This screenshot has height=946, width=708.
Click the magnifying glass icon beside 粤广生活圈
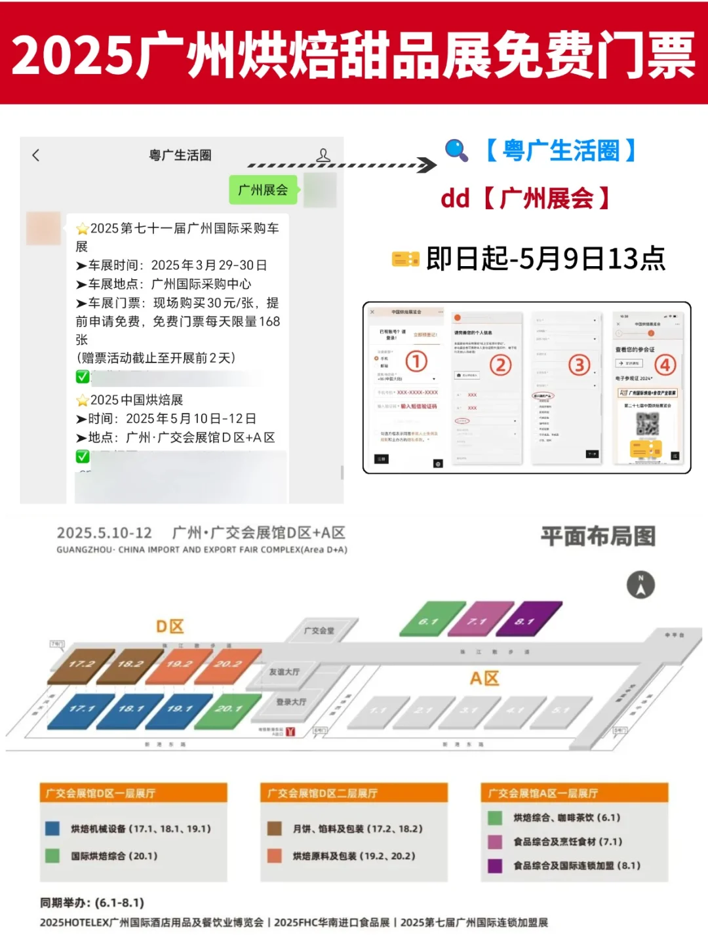(x=456, y=150)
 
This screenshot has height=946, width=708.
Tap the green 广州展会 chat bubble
(x=264, y=190)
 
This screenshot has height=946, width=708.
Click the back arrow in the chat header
(x=36, y=155)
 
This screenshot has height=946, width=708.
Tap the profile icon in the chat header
(x=323, y=155)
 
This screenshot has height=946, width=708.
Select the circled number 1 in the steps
(x=416, y=361)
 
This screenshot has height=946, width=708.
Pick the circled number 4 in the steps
(x=665, y=365)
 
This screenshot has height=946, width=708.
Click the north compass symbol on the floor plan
(x=640, y=585)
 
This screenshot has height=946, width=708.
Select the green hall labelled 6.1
(x=428, y=620)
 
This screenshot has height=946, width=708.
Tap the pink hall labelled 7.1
(x=478, y=620)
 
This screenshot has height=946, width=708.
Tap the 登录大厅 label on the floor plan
(x=291, y=702)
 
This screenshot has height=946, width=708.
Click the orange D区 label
(x=170, y=627)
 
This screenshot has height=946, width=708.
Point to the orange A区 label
(x=484, y=679)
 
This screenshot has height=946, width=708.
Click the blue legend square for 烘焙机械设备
(x=52, y=829)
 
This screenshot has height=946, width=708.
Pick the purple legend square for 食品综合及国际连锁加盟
(x=495, y=866)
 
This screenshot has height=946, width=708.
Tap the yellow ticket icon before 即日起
(x=405, y=260)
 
